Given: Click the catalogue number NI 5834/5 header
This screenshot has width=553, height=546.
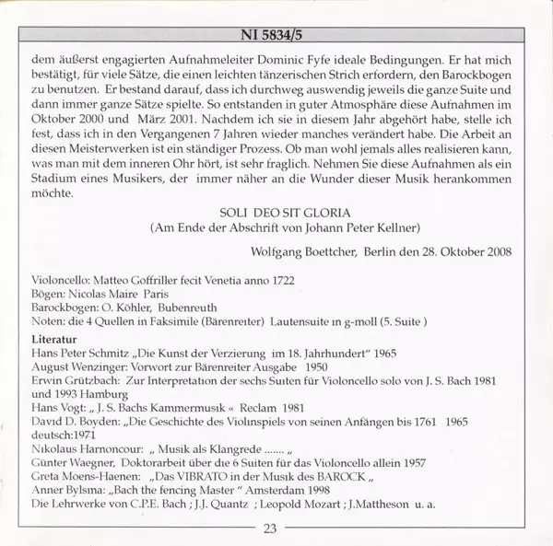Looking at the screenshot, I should tap(276, 31).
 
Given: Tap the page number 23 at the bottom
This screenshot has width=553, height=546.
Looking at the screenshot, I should tap(270, 528).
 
